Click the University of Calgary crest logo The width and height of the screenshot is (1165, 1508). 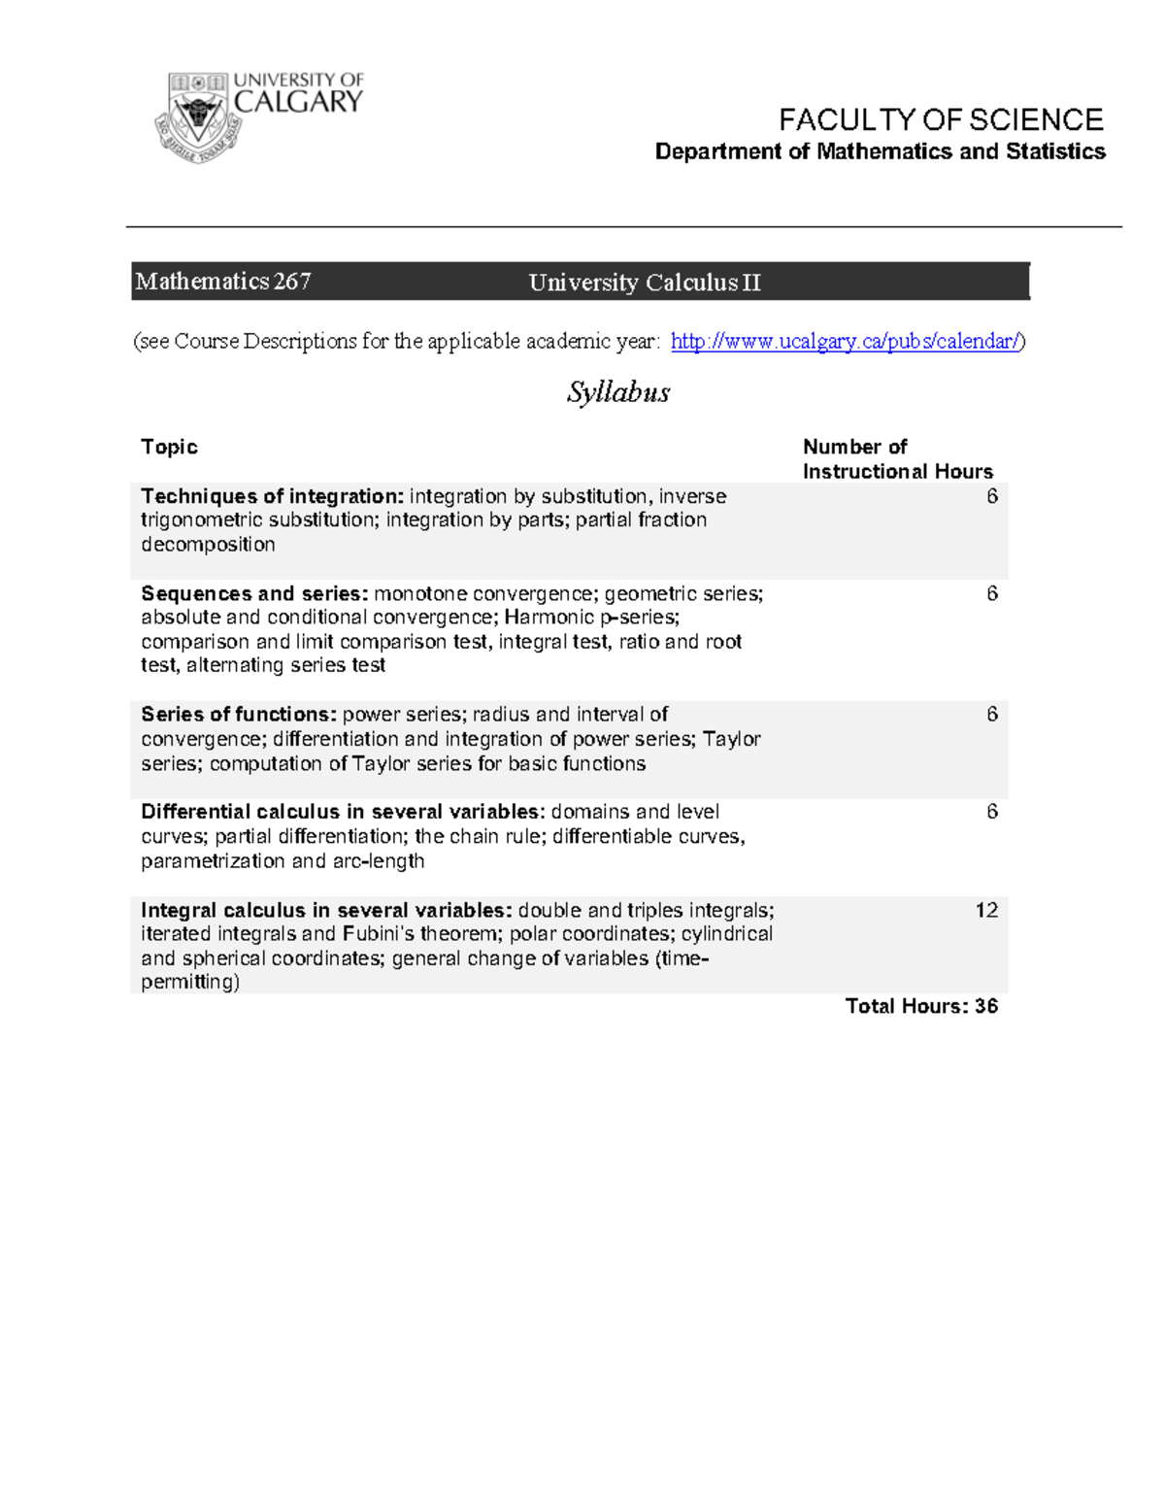pos(199,117)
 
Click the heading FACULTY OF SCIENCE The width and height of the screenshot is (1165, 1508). pos(940,120)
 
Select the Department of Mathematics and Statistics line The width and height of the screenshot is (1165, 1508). pos(880,151)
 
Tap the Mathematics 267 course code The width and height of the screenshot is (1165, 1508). pos(223,282)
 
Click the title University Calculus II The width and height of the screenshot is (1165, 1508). pos(644,283)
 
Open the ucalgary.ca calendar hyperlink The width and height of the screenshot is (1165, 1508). pos(845,341)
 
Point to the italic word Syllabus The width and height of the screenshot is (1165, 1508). pos(618,392)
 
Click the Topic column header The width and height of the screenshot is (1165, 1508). pos(169,447)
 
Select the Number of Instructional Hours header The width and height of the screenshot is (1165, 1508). pos(896,459)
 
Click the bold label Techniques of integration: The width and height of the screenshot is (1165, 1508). pos(272,496)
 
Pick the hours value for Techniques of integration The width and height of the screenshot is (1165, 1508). pos(991,496)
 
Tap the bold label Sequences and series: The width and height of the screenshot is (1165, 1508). pos(254,593)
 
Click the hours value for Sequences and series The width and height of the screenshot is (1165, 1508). pos(991,593)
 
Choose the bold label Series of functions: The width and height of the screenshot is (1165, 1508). pos(239,715)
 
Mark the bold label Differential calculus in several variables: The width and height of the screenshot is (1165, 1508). pos(343,812)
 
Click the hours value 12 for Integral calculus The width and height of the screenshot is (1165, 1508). pos(986,910)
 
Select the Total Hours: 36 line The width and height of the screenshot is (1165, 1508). pos(920,1006)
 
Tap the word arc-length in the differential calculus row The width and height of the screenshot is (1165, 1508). pos(378,861)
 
